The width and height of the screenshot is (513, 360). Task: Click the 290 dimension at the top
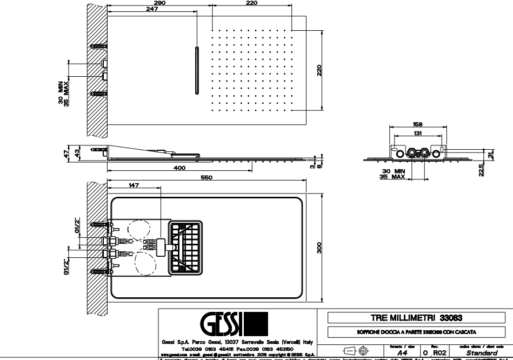pyautogui.click(x=159, y=4)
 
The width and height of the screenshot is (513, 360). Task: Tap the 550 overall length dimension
pyautogui.click(x=206, y=177)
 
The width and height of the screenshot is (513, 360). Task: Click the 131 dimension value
pyautogui.click(x=417, y=133)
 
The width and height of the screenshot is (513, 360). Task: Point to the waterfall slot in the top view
pyautogui.click(x=196, y=71)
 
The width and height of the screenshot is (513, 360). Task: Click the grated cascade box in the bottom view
pyautogui.click(x=186, y=247)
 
